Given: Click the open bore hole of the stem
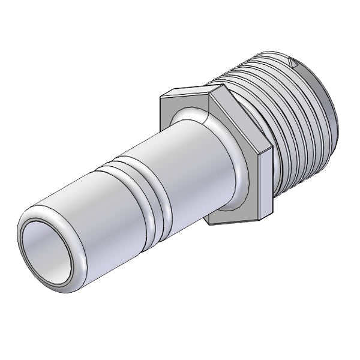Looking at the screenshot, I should pyautogui.click(x=48, y=252).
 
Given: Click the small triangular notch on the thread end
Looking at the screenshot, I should pyautogui.click(x=293, y=61).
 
